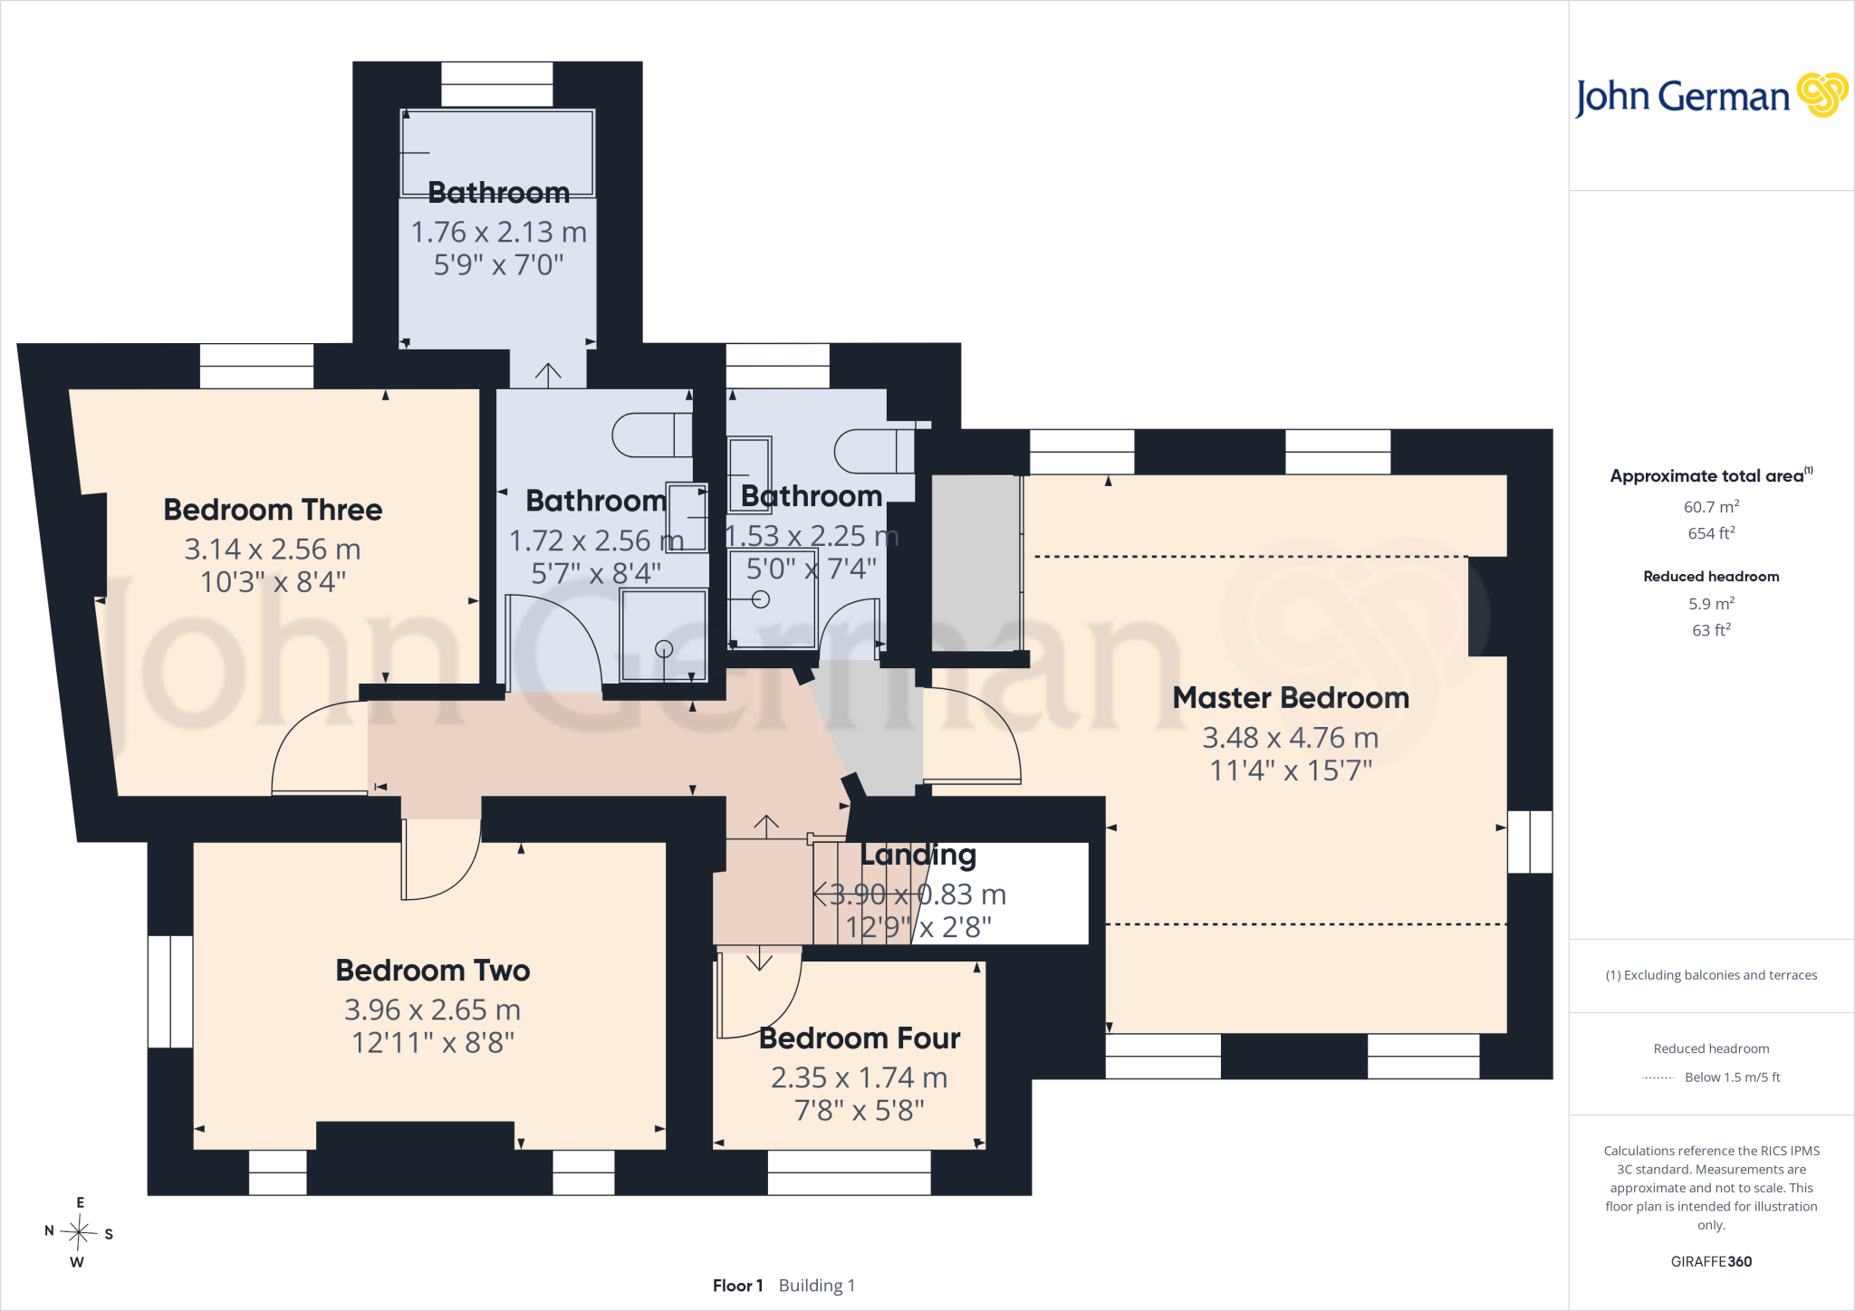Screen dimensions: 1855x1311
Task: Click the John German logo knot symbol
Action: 1822,95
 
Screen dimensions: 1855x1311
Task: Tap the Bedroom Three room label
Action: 273,510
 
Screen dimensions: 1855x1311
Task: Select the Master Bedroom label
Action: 1291,698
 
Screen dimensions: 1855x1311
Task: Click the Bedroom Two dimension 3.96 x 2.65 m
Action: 432,1010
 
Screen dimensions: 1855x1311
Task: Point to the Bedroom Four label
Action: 860,1038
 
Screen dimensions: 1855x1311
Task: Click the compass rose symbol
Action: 79,1231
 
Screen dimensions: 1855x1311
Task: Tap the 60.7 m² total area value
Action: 1711,507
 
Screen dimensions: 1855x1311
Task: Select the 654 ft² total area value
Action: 1711,533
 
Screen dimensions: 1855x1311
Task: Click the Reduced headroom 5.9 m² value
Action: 1711,603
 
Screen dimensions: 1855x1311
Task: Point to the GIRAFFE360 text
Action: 1711,1261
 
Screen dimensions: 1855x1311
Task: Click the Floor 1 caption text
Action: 738,1286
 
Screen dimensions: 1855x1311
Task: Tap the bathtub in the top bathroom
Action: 497,153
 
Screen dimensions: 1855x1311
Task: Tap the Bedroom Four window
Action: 849,1172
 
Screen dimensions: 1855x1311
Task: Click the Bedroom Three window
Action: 256,366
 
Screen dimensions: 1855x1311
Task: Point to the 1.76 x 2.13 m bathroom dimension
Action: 499,232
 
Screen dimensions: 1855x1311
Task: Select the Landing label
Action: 918,855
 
